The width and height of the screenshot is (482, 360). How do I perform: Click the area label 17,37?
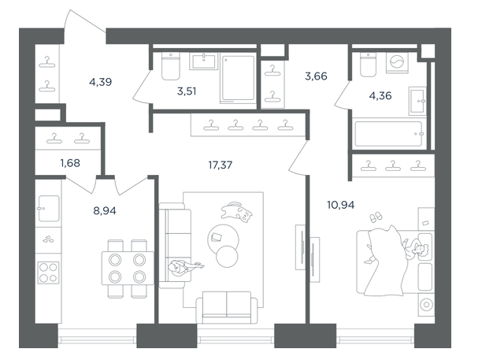220,165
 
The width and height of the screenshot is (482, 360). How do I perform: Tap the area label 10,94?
340,205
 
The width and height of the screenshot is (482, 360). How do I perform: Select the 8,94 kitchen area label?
105,211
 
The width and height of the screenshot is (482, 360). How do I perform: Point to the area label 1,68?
70,163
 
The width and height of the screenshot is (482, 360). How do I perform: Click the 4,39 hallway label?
101,82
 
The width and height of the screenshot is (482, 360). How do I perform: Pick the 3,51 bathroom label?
187,91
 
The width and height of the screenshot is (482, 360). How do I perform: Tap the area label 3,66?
316,76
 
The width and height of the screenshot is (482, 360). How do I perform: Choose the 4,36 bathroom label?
380,96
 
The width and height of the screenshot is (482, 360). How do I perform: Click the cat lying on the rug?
236,212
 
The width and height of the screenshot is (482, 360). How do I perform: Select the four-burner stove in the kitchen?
48,273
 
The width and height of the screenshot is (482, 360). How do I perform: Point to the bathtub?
388,134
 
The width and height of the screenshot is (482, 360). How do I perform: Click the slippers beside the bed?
376,217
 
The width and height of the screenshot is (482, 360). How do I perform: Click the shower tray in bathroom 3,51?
238,79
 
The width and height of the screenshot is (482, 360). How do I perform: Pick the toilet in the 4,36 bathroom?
368,65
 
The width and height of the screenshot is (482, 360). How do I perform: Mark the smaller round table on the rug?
227,256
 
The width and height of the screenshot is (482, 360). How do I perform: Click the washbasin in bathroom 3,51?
204,61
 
